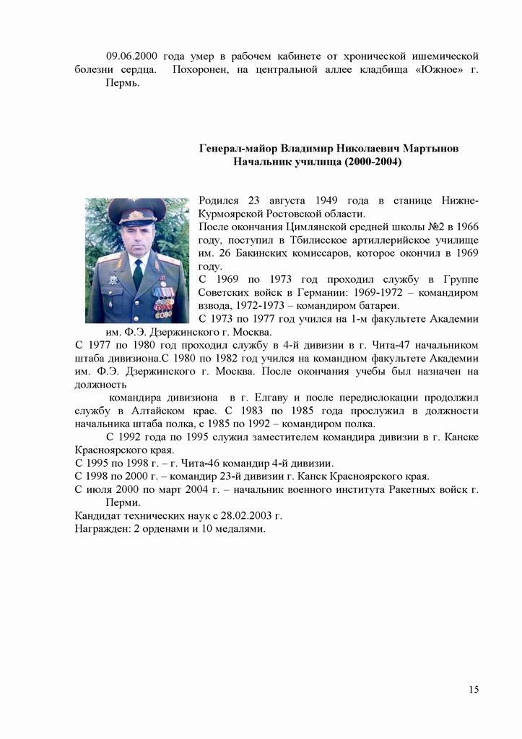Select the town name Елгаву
click(x=295, y=398)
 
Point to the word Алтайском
click(x=152, y=411)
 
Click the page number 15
click(x=474, y=689)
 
